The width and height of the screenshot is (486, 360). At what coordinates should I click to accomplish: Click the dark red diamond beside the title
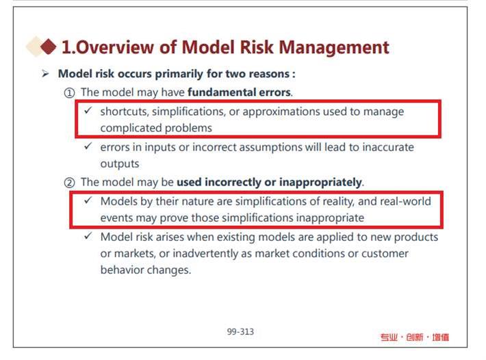[x=48, y=47]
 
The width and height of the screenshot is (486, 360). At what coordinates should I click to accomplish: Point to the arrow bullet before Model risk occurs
[x=45, y=74]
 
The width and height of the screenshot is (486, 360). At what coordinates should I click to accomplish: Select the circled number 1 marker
[x=69, y=92]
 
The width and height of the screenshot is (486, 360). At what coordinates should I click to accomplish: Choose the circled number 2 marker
[x=69, y=183]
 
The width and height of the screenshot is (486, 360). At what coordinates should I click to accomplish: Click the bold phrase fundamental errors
[x=239, y=92]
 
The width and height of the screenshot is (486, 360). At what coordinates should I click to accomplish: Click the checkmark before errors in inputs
[x=88, y=146]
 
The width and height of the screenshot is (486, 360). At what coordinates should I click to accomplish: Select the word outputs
[x=120, y=164]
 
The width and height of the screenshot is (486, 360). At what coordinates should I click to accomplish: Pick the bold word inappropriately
[x=320, y=182]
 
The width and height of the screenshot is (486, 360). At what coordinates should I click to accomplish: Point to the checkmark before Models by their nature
[x=88, y=200]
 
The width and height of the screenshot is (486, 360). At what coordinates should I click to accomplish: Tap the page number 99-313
[x=240, y=332]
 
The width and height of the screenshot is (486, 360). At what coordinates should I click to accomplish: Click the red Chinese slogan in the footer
[x=415, y=337]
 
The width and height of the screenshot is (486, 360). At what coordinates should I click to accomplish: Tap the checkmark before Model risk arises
[x=88, y=235]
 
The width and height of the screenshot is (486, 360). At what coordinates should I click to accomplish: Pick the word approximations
[x=281, y=112]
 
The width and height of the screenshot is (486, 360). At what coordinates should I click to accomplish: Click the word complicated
[x=131, y=128]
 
